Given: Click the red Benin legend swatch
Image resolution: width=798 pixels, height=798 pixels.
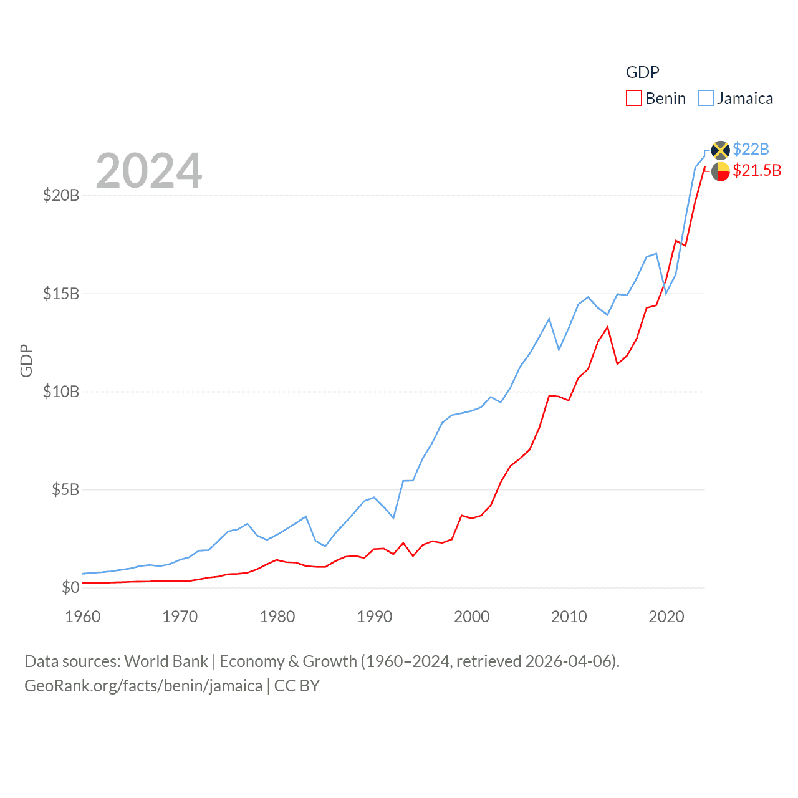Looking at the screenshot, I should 634,99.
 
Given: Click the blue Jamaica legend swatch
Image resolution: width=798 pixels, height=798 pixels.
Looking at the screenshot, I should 706,99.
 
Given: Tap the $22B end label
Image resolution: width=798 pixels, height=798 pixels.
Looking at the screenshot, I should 751,149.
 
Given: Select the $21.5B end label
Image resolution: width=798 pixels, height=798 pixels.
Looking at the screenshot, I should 757,170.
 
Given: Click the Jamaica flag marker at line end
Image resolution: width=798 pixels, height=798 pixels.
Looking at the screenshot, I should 721,150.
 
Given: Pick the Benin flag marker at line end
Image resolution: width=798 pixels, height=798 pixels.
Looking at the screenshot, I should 721,171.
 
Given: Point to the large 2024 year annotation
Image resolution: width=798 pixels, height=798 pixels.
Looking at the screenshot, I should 149,171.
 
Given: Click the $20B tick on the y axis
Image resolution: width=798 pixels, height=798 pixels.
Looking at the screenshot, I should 61,196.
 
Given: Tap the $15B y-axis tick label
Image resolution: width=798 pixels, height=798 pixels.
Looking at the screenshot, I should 61,294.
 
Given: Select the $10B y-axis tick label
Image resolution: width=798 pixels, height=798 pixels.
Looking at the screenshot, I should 61,392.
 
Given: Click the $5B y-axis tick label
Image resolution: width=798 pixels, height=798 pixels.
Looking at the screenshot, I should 65,489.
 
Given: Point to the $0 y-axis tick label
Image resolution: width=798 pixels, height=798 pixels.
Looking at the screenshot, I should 70,587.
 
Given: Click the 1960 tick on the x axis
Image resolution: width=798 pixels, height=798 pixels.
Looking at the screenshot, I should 83,617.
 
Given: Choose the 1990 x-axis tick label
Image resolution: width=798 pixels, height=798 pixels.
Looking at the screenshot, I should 375,617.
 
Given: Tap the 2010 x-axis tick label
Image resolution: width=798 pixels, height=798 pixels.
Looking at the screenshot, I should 569,617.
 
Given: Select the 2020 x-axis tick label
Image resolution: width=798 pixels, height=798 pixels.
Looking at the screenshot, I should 666,617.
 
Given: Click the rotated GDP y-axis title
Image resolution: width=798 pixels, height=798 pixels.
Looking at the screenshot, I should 26,360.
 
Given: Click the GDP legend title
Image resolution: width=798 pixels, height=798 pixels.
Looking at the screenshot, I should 642,72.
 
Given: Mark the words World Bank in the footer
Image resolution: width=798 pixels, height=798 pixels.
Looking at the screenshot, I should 166,661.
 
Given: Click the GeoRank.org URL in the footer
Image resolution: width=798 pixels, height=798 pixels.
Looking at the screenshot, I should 143,686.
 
